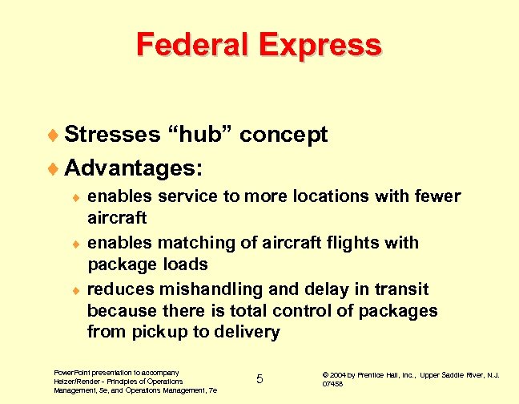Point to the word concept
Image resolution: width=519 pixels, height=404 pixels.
point(284,135)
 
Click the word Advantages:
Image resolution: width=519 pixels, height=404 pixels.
point(133,168)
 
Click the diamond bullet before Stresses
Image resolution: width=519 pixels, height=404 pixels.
point(53,135)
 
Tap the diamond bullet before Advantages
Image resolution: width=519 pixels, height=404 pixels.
point(53,169)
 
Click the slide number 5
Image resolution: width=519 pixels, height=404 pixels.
point(259,378)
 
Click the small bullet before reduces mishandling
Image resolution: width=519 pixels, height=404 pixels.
point(74,289)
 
